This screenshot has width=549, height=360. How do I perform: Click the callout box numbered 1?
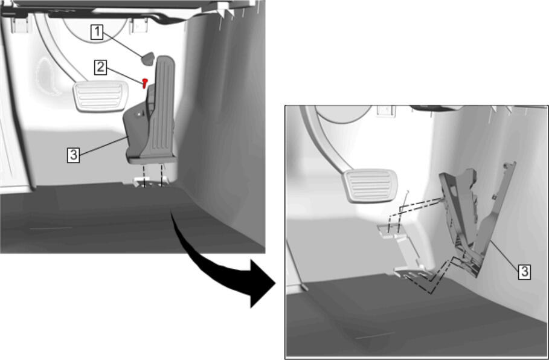click(x=97, y=32)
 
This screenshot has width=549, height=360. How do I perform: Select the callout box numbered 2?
click(x=100, y=67)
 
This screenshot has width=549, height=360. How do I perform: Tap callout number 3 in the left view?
click(x=74, y=155)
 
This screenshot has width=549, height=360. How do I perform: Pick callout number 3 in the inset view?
click(x=524, y=272)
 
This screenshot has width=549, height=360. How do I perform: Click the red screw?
click(x=144, y=83)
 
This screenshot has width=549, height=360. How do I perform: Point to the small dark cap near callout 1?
click(x=148, y=59)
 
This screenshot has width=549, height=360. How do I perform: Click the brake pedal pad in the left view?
click(x=100, y=96)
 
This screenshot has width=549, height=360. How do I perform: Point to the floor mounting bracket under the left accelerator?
click(x=150, y=182)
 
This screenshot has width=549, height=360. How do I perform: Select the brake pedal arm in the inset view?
click(x=324, y=140)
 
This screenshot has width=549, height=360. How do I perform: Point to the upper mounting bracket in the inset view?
click(x=390, y=231)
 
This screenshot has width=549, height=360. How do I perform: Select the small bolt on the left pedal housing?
click(x=140, y=114)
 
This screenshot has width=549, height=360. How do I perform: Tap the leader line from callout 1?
click(x=123, y=45)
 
